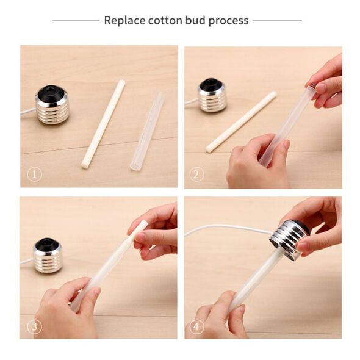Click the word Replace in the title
[124, 21]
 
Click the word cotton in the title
[165, 21]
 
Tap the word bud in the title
[195, 20]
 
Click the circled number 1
[34, 175]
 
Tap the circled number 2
[196, 175]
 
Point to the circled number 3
[34, 326]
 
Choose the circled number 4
[196, 326]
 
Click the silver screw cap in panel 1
[52, 105]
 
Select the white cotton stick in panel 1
[103, 124]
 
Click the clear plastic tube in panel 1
[147, 131]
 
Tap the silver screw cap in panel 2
[212, 96]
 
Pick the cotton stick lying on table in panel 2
[241, 121]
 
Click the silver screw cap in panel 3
[48, 255]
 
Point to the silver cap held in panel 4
[289, 240]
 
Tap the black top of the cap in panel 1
[51, 93]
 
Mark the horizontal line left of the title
[76, 21]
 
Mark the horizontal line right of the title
[277, 21]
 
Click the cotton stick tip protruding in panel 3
[140, 226]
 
